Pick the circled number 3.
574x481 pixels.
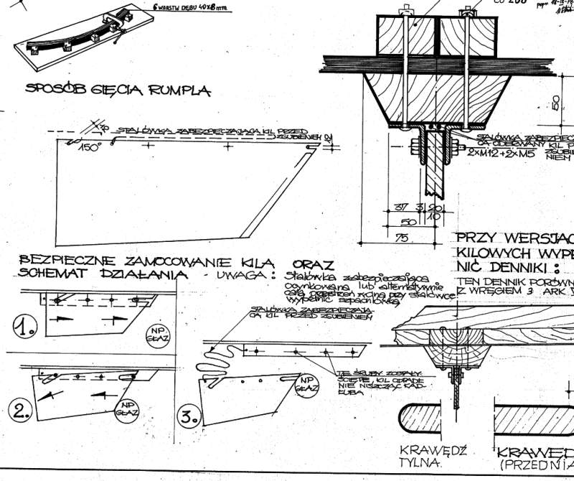(188, 417)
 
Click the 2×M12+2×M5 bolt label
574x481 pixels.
(496, 154)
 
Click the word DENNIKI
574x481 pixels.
(514, 267)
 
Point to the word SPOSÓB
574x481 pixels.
(55, 90)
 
